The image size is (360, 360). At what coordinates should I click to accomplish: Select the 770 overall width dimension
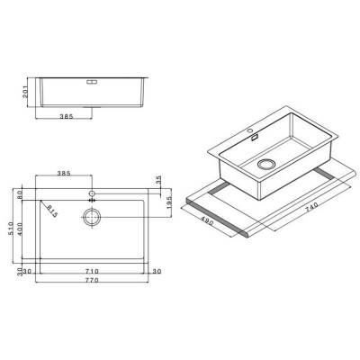[93, 281]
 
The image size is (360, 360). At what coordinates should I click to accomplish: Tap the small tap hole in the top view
[93, 193]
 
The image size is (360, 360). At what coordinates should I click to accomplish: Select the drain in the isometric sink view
[267, 165]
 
